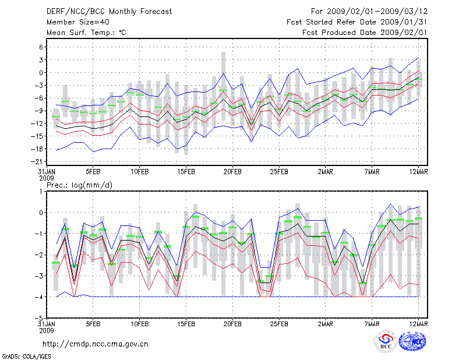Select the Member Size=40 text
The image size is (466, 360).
pyautogui.click(x=73, y=22)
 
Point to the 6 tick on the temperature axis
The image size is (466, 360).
pyautogui.click(x=42, y=47)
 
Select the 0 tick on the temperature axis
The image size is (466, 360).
pyautogui.click(x=42, y=72)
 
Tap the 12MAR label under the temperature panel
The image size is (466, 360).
pyautogui.click(x=419, y=172)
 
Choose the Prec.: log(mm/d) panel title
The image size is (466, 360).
pyautogui.click(x=78, y=185)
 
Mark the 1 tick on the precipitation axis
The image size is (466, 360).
pyautogui.click(x=42, y=191)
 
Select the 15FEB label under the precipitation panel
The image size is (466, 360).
pyautogui.click(x=186, y=323)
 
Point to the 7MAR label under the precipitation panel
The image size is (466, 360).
pyautogui.click(x=372, y=323)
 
